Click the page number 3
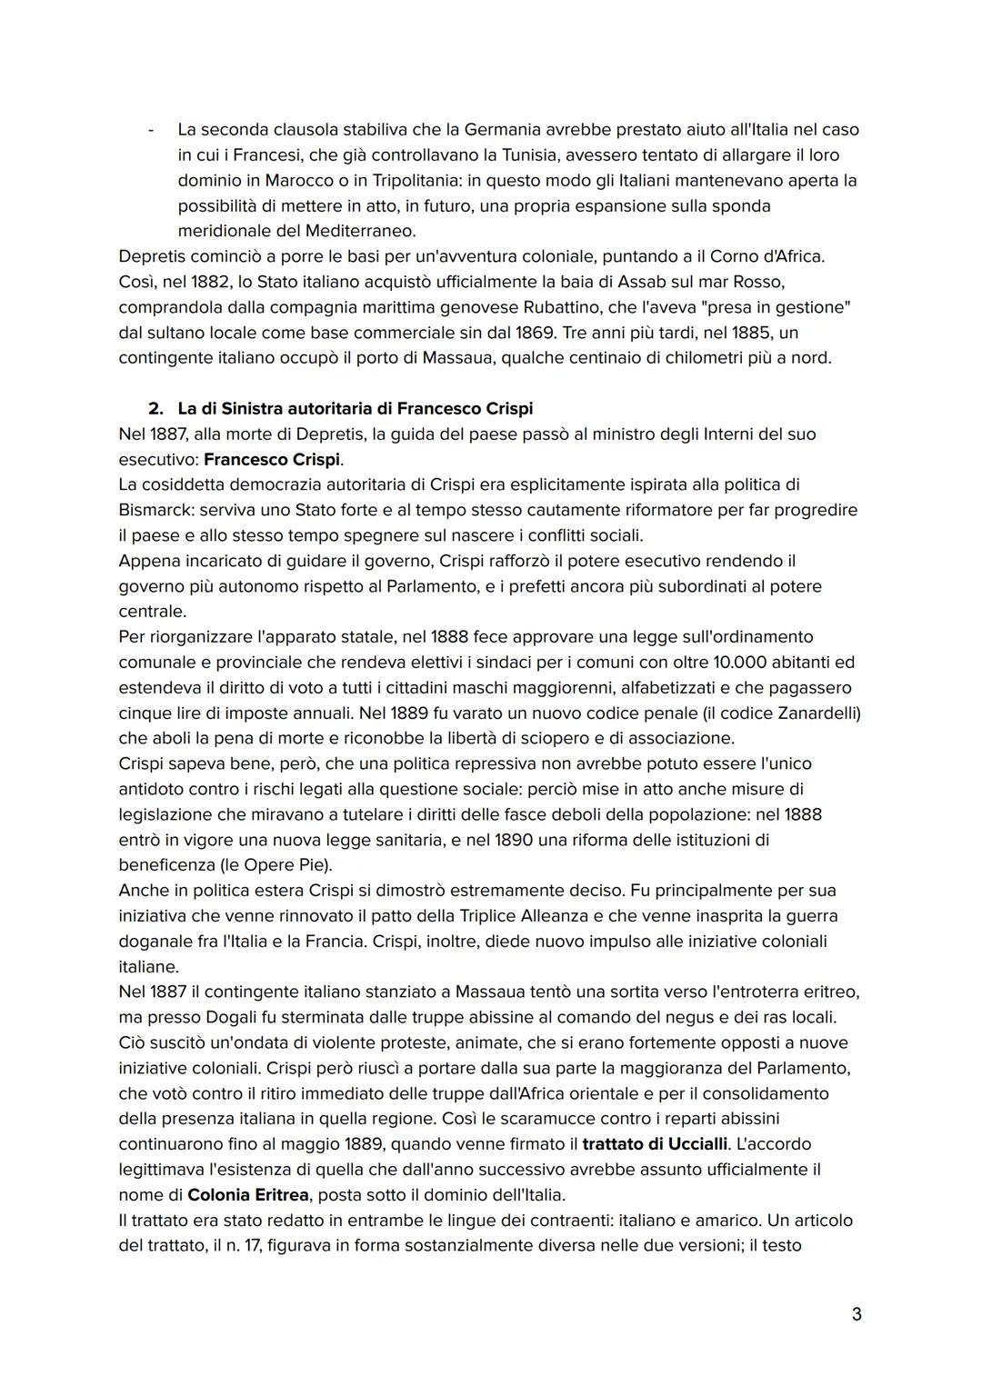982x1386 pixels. pos(856,1314)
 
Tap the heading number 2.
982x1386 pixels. pos(155,408)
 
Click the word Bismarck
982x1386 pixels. pos(156,510)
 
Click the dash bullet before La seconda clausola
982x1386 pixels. pos(150,130)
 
